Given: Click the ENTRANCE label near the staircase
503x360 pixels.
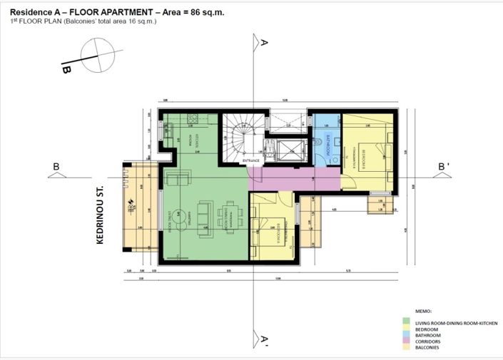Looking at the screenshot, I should coord(251,161).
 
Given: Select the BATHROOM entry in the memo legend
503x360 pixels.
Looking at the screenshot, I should coord(427,335).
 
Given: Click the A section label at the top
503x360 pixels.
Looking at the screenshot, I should coord(264,43).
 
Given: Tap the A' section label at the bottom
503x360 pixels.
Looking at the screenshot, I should coord(264,341).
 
